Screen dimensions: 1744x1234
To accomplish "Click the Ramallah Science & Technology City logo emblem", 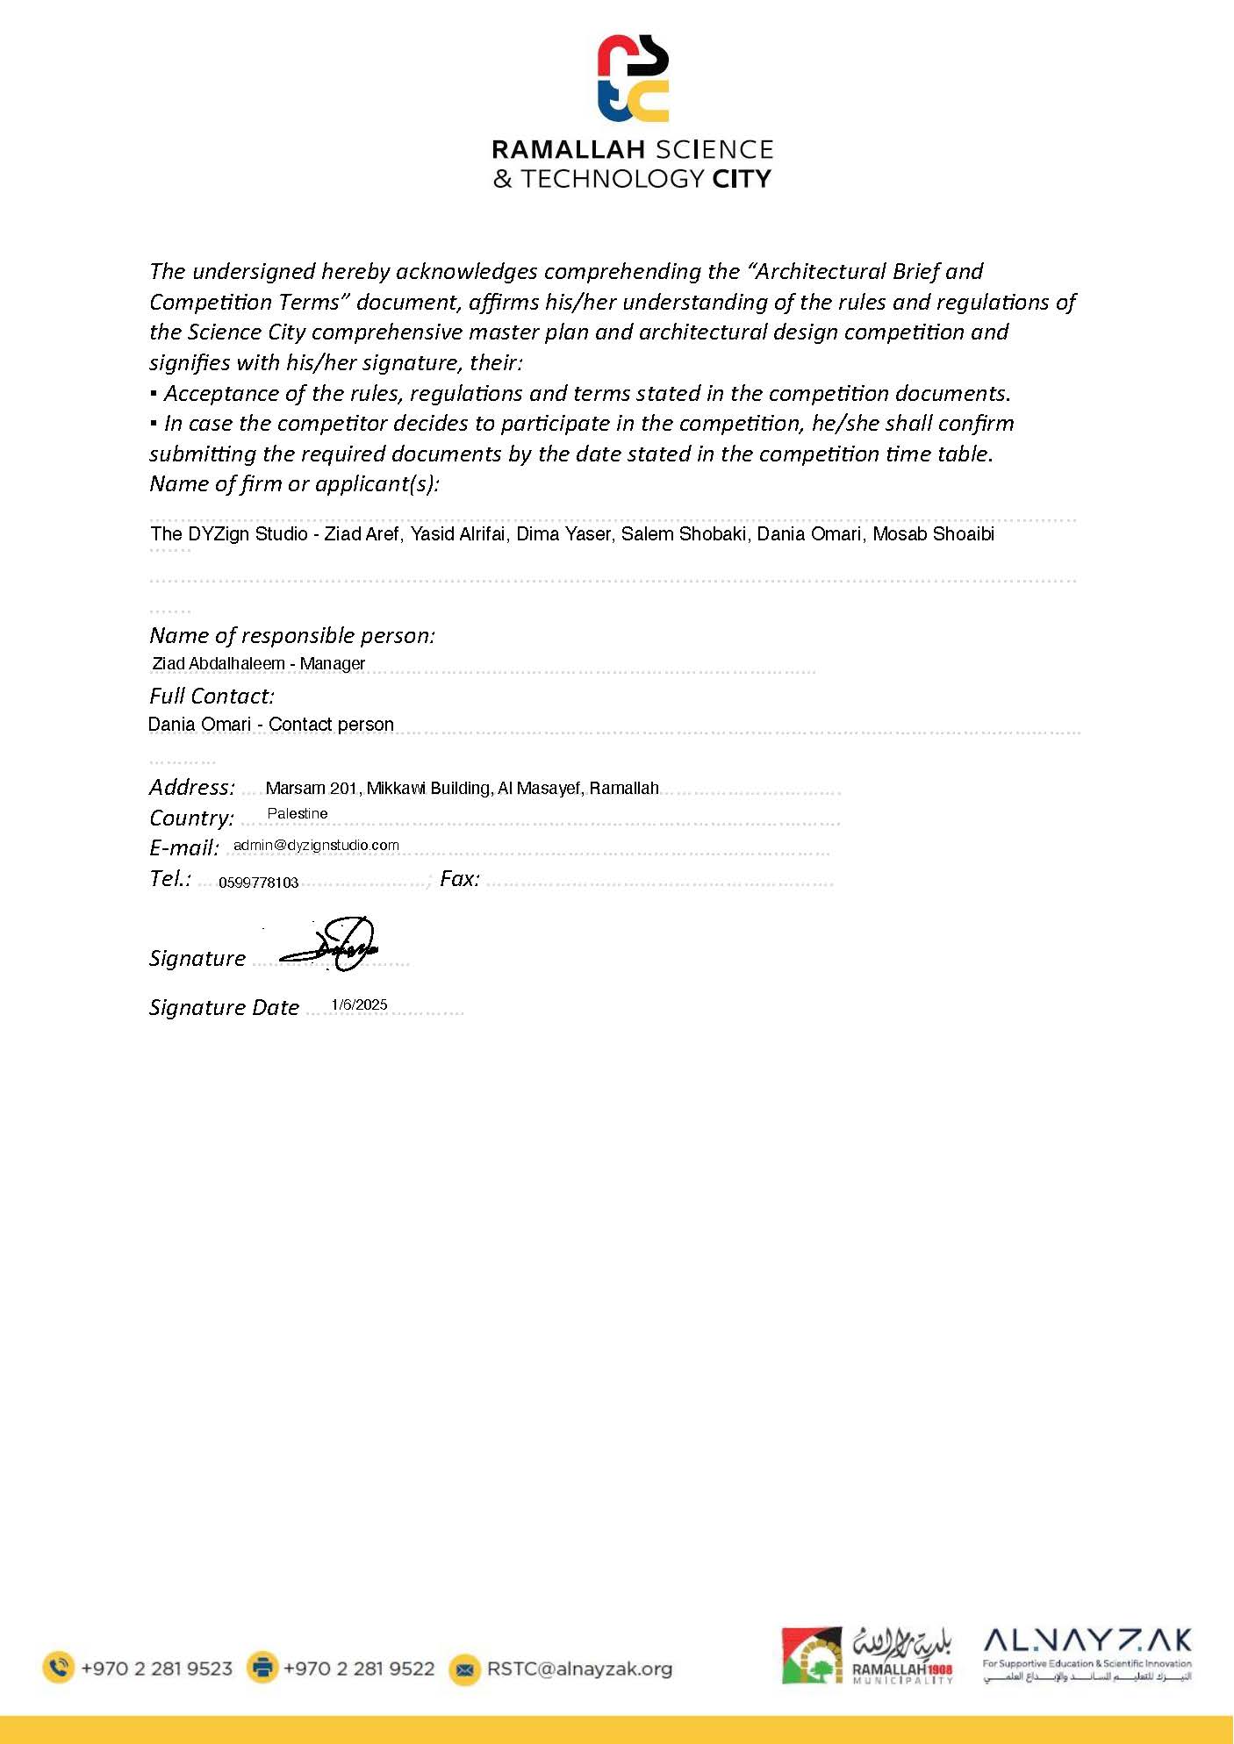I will coord(633,78).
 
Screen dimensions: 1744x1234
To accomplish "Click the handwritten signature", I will coord(332,945).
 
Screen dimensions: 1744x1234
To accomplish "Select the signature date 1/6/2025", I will coord(359,1004).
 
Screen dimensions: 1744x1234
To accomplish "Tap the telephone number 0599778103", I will coord(259,883).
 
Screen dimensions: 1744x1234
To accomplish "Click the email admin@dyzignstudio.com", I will coord(316,845).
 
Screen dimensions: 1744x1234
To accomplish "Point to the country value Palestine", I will coord(298,813).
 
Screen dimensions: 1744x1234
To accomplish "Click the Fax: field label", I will coord(460,878).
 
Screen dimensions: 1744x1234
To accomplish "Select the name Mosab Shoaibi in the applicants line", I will coord(933,533).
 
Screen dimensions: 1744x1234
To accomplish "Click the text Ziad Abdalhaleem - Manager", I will coord(258,663).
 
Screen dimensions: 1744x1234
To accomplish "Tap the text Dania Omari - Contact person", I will coord(270,724).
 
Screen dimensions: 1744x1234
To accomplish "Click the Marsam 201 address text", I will coord(462,788).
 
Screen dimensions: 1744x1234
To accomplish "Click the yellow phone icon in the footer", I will coord(59,1667).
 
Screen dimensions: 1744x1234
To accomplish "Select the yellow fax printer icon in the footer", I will coord(262,1667).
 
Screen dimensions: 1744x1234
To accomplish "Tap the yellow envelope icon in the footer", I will coord(465,1669).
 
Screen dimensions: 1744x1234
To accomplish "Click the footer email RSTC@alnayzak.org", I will coord(579,1669).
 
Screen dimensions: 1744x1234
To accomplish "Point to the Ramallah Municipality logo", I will coord(867,1655).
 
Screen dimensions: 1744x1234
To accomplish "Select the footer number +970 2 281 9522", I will coord(358,1669).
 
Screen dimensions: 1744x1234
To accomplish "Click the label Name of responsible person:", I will coord(292,635).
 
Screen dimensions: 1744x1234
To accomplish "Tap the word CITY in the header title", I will coord(742,179).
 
